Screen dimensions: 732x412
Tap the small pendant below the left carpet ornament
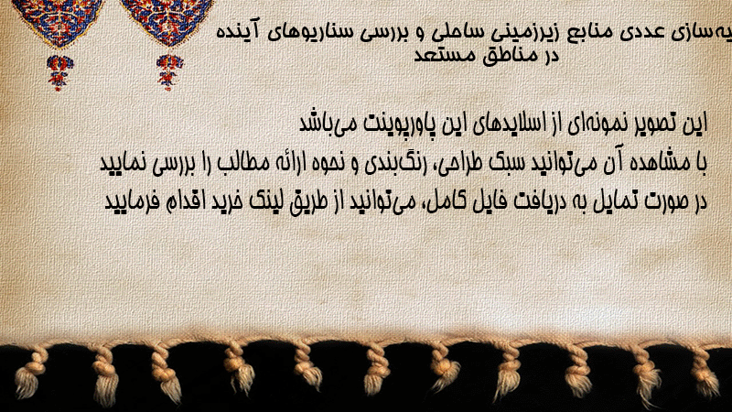(x=59, y=72)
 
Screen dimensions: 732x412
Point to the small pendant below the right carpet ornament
(x=169, y=72)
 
